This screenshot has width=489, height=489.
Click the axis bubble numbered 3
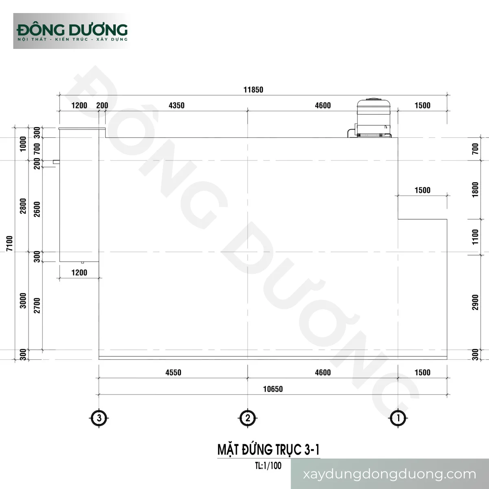[99, 418]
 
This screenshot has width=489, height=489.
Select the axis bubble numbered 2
[248, 418]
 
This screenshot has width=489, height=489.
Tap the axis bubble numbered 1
[398, 418]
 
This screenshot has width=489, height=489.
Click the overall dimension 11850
[253, 90]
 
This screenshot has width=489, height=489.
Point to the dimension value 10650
[273, 389]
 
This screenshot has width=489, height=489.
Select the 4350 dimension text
[176, 105]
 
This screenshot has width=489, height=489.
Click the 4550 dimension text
[173, 372]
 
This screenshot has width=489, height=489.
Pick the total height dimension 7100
[9, 243]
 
